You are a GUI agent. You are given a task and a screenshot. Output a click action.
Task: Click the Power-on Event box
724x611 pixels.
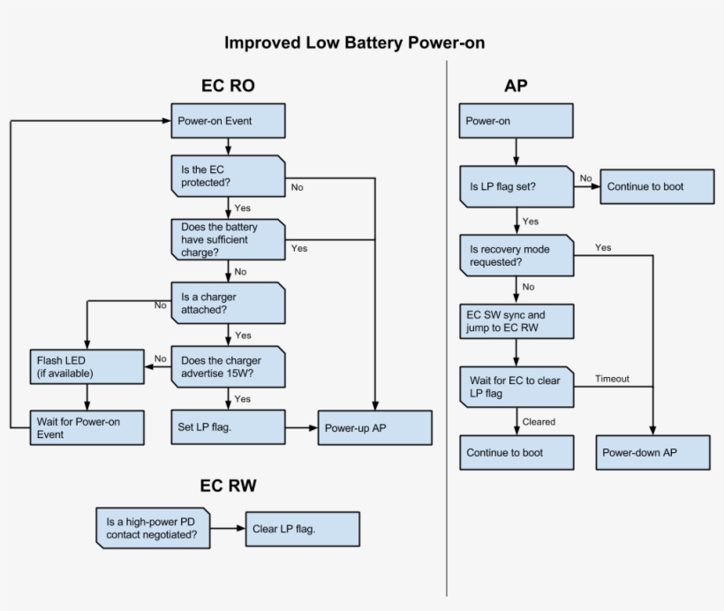[x=228, y=121]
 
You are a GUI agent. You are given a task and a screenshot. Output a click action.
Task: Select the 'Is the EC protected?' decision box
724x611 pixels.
[x=228, y=176]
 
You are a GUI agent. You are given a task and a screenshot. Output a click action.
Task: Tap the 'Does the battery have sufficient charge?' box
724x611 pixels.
[x=228, y=238]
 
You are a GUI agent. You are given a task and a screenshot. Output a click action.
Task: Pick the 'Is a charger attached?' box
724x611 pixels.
[x=228, y=303]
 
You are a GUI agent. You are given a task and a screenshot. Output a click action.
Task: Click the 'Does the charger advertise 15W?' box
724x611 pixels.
[x=228, y=366]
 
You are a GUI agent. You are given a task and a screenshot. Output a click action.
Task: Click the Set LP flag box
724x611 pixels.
[x=228, y=427]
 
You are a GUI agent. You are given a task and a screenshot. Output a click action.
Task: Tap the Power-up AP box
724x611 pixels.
[x=375, y=427]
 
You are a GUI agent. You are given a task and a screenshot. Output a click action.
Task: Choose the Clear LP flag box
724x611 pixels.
[x=302, y=528]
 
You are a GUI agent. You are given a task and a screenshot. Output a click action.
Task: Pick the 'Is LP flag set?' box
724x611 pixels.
[x=516, y=186]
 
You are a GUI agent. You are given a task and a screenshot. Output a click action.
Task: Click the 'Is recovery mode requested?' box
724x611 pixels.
[x=516, y=255]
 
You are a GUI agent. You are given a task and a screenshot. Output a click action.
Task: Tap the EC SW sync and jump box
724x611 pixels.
[x=516, y=322]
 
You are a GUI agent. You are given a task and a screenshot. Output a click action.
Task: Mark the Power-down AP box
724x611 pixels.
[x=652, y=452]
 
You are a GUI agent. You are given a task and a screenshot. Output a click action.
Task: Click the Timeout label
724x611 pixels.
[x=612, y=378]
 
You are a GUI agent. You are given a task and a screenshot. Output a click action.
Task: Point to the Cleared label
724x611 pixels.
[x=539, y=422]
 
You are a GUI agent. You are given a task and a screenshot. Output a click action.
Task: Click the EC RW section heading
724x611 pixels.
[x=228, y=485]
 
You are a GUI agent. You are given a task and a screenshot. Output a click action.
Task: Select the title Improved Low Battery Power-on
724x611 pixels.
[x=354, y=42]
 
